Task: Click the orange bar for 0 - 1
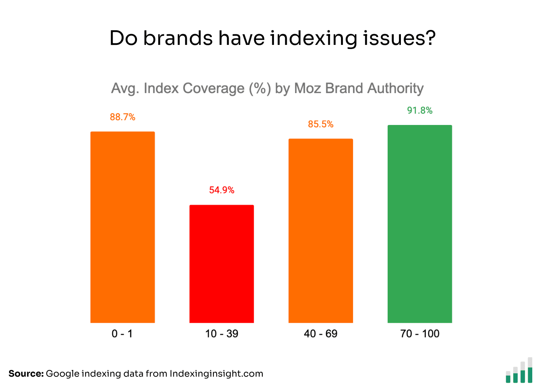click(122, 227)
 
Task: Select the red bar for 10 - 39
click(222, 264)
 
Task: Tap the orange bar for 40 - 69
click(321, 231)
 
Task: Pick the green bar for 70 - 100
click(420, 224)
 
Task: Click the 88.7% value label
click(122, 117)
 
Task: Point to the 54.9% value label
click(222, 190)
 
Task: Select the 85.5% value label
click(321, 124)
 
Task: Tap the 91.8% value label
click(420, 110)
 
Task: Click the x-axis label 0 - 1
click(122, 333)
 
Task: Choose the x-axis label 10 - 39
click(222, 333)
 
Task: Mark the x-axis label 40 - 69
click(321, 333)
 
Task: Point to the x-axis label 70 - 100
click(420, 333)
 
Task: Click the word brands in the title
click(178, 38)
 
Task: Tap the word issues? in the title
click(399, 38)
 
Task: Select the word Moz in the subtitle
click(308, 88)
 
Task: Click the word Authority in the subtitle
click(395, 88)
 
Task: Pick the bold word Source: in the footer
click(26, 374)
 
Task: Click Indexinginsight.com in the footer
click(216, 374)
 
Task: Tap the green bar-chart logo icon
click(519, 371)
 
